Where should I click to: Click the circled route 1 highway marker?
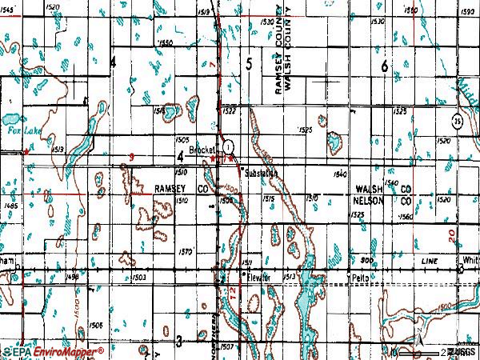coord(230,147)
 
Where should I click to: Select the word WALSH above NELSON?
coord(370,188)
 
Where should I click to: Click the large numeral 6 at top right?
coord(385,67)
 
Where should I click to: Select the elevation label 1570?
coord(186,251)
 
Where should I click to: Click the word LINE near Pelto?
coord(431,262)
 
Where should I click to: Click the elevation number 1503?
coord(137,277)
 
